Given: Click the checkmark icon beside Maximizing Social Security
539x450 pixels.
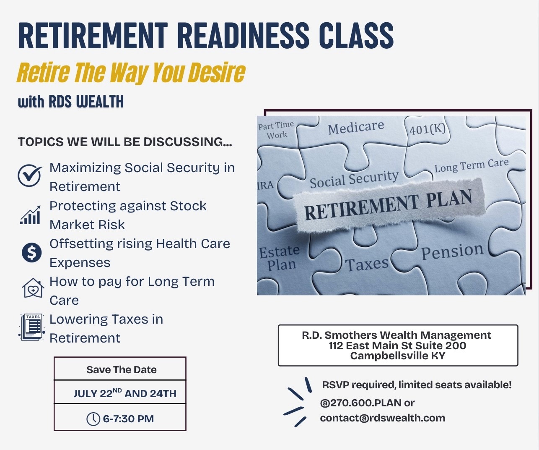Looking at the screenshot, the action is point(30,175).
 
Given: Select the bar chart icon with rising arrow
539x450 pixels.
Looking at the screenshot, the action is point(30,215).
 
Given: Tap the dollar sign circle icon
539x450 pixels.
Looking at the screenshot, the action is point(31,253).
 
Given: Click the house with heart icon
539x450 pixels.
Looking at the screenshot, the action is point(33,288).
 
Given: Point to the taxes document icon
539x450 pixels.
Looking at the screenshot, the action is point(32,327).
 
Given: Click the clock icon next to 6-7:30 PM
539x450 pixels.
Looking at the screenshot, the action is point(93,419).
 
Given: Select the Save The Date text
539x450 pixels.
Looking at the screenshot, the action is point(121,370).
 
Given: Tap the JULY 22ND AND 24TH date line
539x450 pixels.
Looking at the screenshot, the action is point(124,393).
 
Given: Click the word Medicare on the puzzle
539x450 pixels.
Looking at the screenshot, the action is point(356,128).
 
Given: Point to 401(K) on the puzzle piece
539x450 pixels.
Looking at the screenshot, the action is point(428,129).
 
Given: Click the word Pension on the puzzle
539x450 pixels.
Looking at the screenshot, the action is point(452,251).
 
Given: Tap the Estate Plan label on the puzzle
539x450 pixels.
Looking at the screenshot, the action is point(279,258).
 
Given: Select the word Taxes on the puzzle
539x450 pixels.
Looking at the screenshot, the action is point(367,264).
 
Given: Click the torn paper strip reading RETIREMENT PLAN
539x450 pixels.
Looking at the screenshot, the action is point(390,206).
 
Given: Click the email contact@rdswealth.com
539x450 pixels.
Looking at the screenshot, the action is point(383,418).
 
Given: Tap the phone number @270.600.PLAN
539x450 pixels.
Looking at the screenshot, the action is point(360,403).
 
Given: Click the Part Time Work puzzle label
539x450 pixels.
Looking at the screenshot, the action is point(276,130).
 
